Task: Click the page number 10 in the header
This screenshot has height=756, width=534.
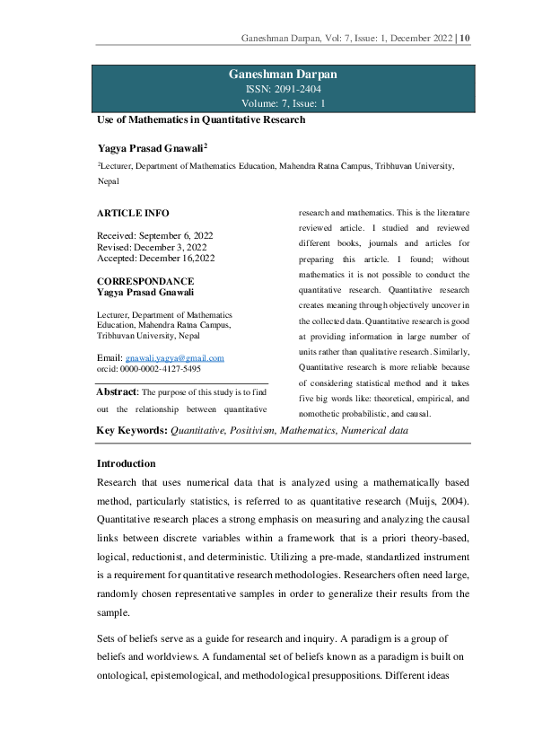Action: click(x=465, y=39)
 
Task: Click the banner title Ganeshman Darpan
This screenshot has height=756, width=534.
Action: click(x=283, y=75)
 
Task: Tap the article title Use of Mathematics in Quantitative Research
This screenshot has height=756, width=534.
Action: click(x=201, y=119)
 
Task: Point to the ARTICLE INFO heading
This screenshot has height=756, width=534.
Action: click(x=132, y=214)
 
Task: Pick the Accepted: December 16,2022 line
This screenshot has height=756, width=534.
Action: click(x=155, y=259)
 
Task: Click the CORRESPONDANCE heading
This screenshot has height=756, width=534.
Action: click(x=144, y=281)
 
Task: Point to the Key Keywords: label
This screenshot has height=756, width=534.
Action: click(x=132, y=431)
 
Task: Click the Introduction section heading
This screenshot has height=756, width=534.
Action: click(x=126, y=463)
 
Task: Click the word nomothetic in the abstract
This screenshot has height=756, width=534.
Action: click(x=323, y=414)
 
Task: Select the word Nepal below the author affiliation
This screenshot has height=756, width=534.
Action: click(x=109, y=180)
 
